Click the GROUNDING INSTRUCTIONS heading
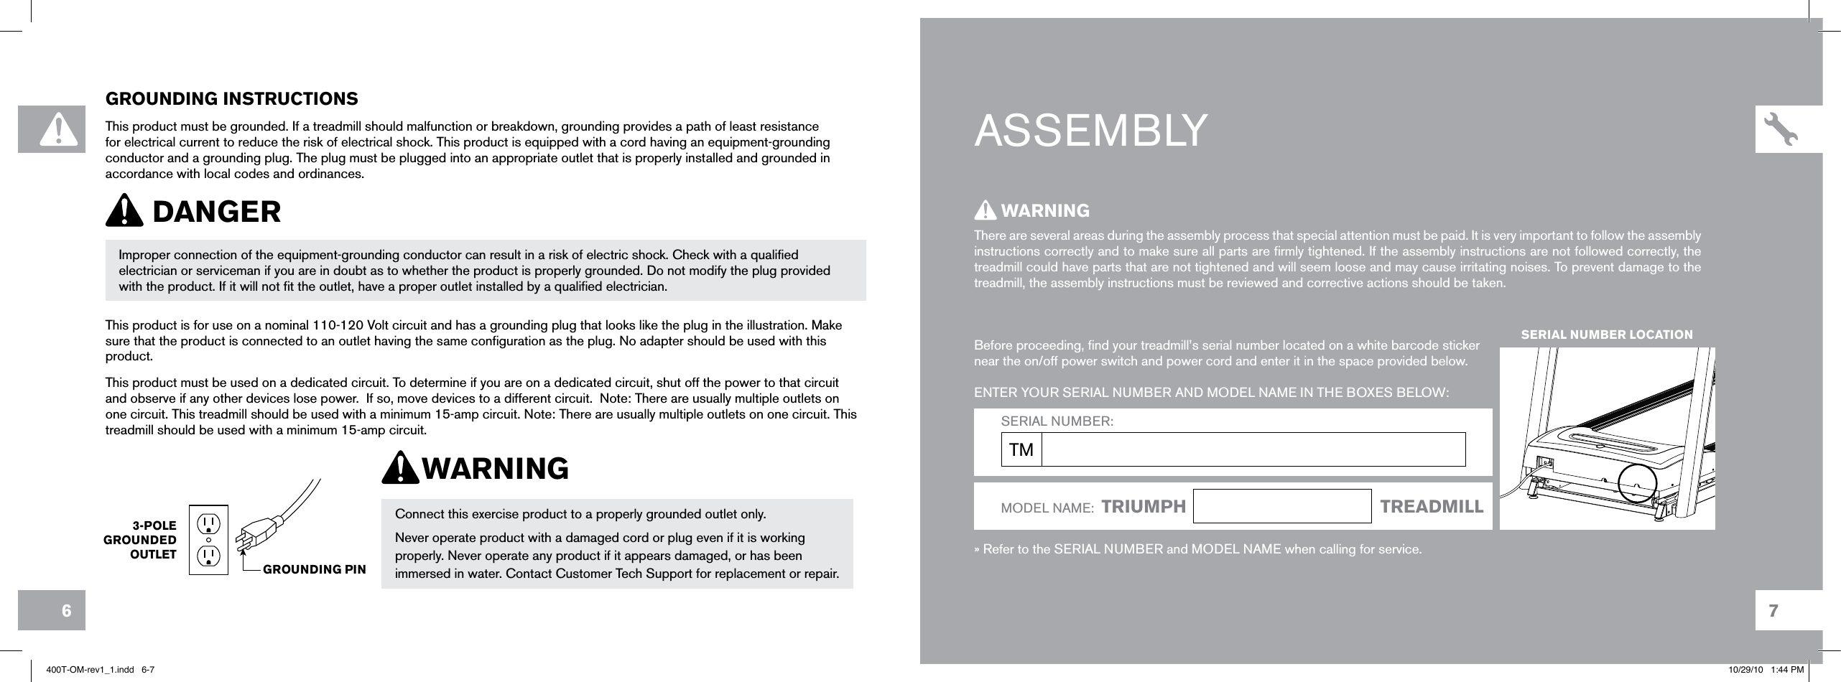231,98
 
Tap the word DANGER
216,212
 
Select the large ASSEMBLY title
1090,131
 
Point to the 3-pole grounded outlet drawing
208,539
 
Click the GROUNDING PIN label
315,569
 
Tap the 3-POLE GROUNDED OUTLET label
142,540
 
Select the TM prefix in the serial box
1021,450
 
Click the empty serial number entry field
1253,449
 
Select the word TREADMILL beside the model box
1432,507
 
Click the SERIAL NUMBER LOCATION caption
1607,335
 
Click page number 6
66,611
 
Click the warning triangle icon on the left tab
52,129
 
